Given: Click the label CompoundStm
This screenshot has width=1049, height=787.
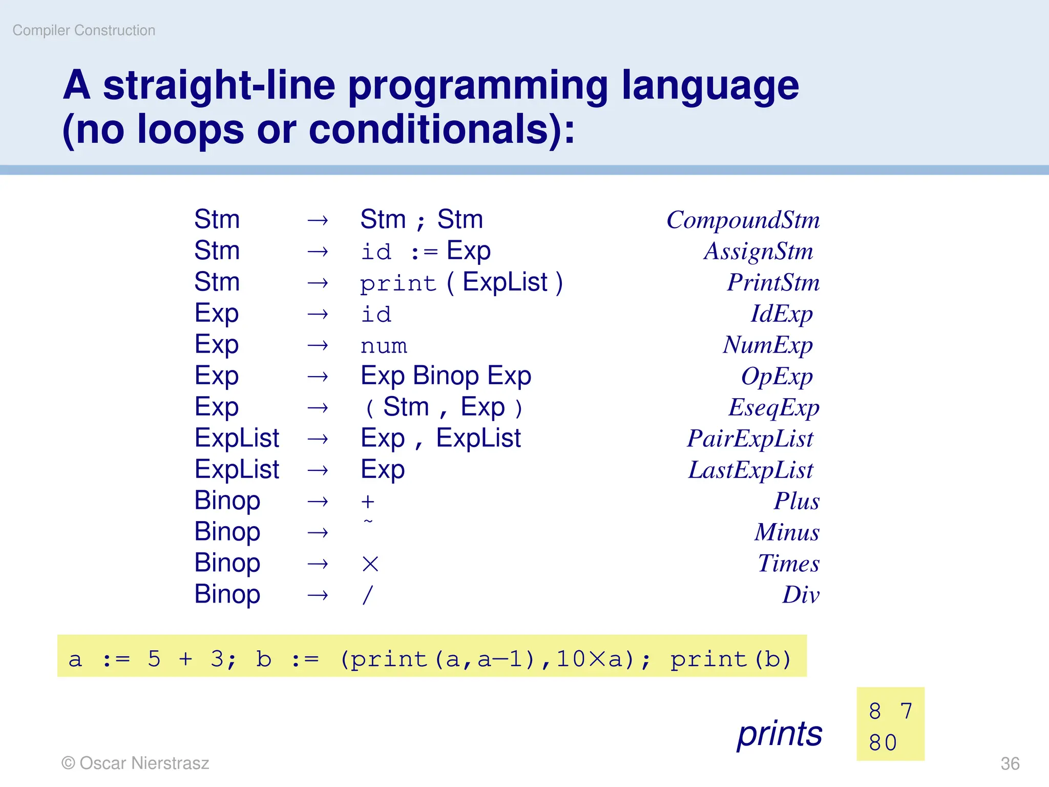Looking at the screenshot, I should pos(743,220).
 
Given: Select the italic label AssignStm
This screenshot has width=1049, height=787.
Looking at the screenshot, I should pos(758,252).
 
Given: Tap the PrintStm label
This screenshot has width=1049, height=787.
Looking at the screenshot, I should pos(773,283).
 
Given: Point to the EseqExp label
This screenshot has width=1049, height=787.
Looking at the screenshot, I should pos(773,408).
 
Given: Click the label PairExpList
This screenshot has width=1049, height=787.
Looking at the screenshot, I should pos(750,439).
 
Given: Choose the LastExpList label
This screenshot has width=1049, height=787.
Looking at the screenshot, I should pos(750,470).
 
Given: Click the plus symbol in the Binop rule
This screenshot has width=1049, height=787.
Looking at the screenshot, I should pos(368,502).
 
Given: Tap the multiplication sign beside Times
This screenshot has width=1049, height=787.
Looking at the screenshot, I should pos(370,564).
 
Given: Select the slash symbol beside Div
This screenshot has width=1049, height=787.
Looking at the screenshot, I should pos(367,595).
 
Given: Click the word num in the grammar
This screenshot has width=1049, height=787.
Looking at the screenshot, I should pos(384,346).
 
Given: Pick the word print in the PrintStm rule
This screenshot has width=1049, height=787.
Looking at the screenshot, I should pos(397,284).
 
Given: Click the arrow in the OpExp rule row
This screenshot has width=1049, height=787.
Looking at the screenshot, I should pos(318,377).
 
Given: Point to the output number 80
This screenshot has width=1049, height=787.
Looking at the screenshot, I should pos(883,743).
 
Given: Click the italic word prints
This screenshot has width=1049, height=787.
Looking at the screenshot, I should pos(780,734).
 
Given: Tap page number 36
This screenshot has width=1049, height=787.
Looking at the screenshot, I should pos(1010,763).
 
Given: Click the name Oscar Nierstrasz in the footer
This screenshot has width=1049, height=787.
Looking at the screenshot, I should pos(144,763).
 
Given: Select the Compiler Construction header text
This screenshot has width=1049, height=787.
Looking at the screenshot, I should pos(84,31).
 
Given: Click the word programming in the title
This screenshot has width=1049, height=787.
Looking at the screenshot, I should pos(478,86).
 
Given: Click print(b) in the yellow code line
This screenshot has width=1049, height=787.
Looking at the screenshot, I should pos(731,659).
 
